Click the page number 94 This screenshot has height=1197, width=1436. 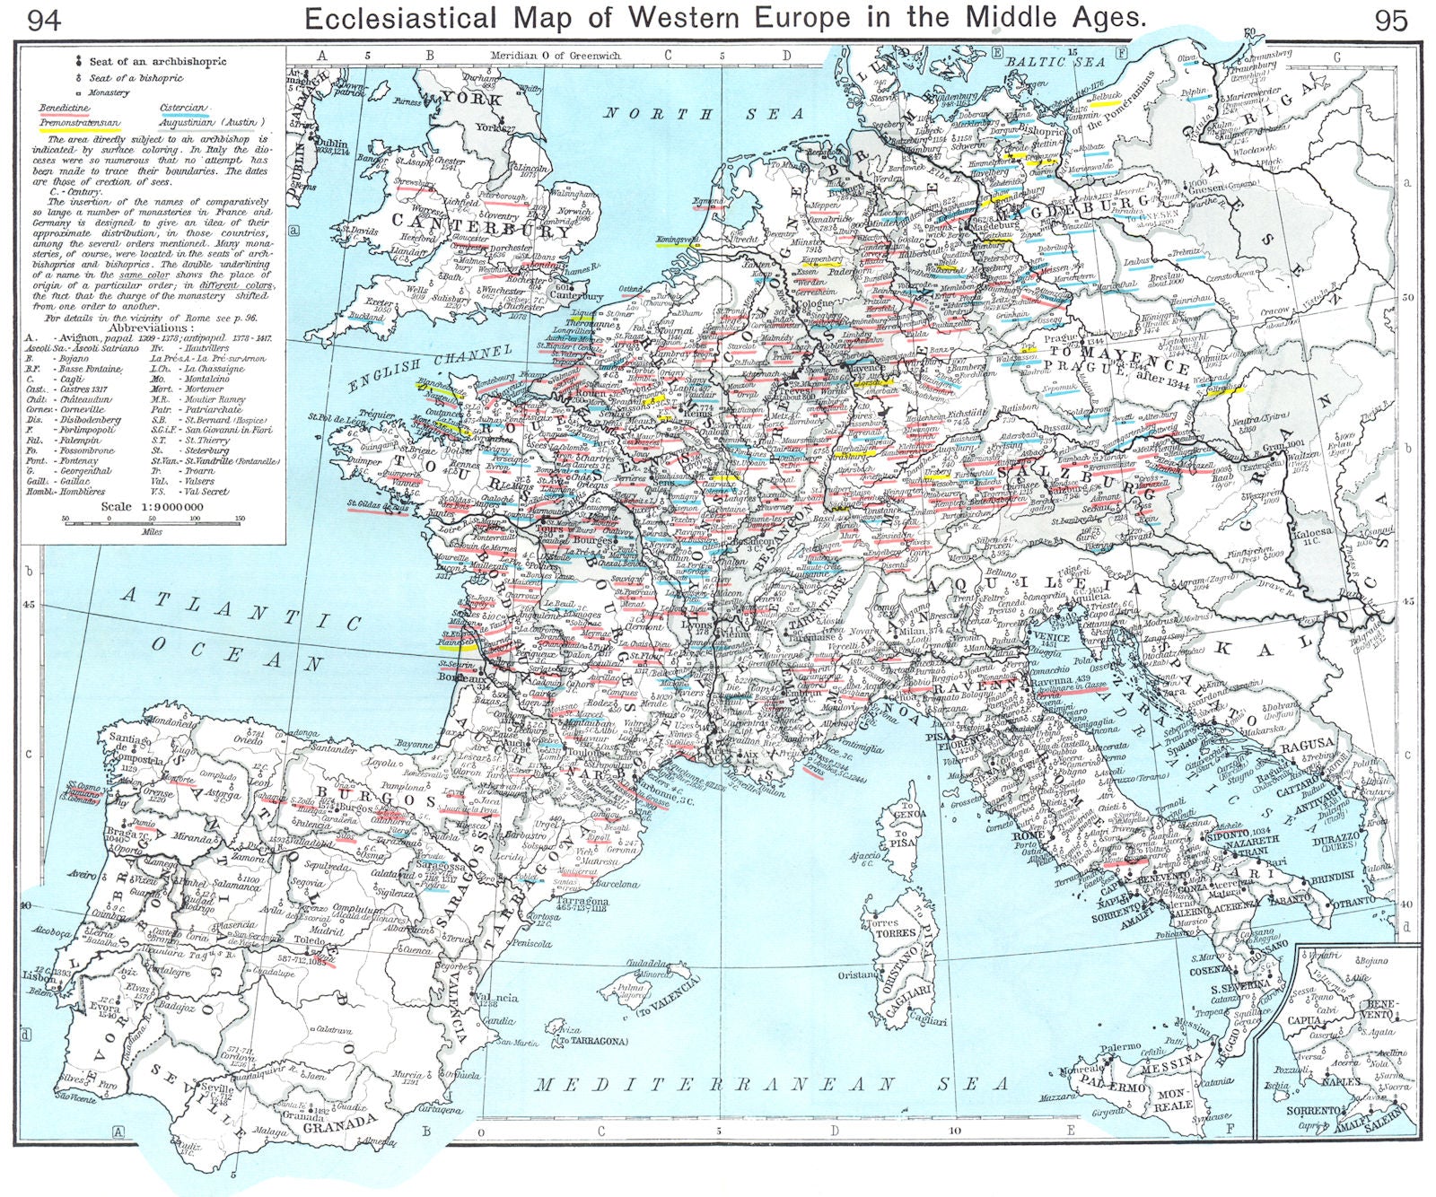tap(45, 20)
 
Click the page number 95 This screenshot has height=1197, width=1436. tap(1391, 20)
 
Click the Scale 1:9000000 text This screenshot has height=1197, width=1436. tap(153, 507)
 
